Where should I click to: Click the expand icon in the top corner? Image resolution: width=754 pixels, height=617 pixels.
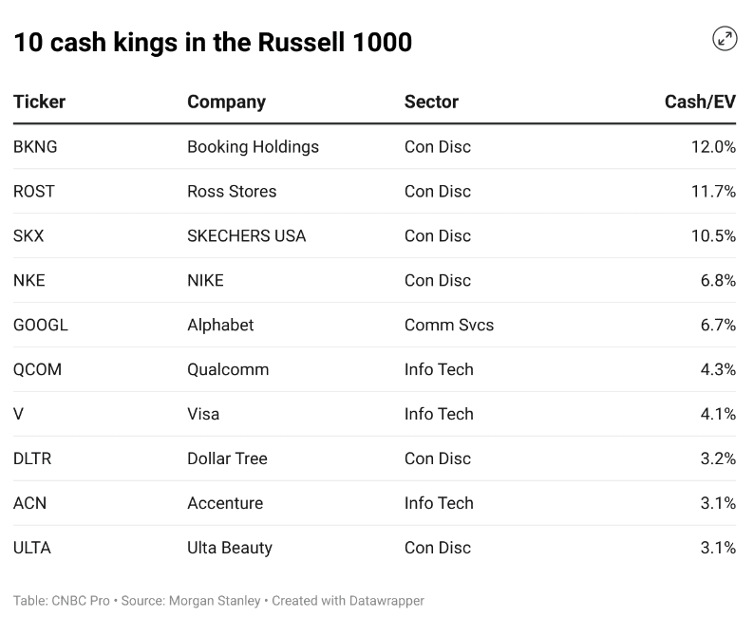click(725, 39)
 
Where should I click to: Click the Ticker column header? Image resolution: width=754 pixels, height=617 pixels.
click(39, 102)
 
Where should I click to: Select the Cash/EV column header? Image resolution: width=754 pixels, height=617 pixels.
click(700, 102)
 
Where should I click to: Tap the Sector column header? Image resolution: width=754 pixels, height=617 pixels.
click(431, 102)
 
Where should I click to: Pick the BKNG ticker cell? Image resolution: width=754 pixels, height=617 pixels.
click(35, 147)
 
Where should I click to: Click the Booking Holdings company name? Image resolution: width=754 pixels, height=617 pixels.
click(253, 147)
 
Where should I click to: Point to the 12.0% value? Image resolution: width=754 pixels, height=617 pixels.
click(713, 147)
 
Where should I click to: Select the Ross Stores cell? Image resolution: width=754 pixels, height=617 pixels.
click(232, 192)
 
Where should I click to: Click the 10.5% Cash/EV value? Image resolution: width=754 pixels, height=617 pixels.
click(713, 236)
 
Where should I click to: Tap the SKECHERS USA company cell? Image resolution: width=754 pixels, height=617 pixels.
click(246, 236)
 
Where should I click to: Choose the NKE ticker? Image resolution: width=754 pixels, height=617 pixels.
click(28, 281)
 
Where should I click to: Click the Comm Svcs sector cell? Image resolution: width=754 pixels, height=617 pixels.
click(449, 326)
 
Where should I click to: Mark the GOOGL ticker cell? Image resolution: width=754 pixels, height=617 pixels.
click(41, 326)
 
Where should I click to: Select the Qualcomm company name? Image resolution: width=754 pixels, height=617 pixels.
click(228, 370)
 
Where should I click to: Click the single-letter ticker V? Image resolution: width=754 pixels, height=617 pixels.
click(18, 415)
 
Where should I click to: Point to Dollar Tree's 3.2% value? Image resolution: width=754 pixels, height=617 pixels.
click(718, 459)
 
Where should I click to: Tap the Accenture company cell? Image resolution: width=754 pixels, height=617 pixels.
click(225, 504)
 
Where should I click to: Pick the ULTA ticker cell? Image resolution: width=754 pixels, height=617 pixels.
click(32, 549)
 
